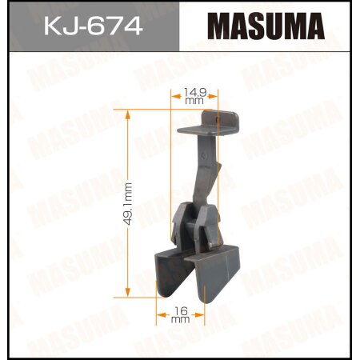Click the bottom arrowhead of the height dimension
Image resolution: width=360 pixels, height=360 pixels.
click(x=127, y=293)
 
